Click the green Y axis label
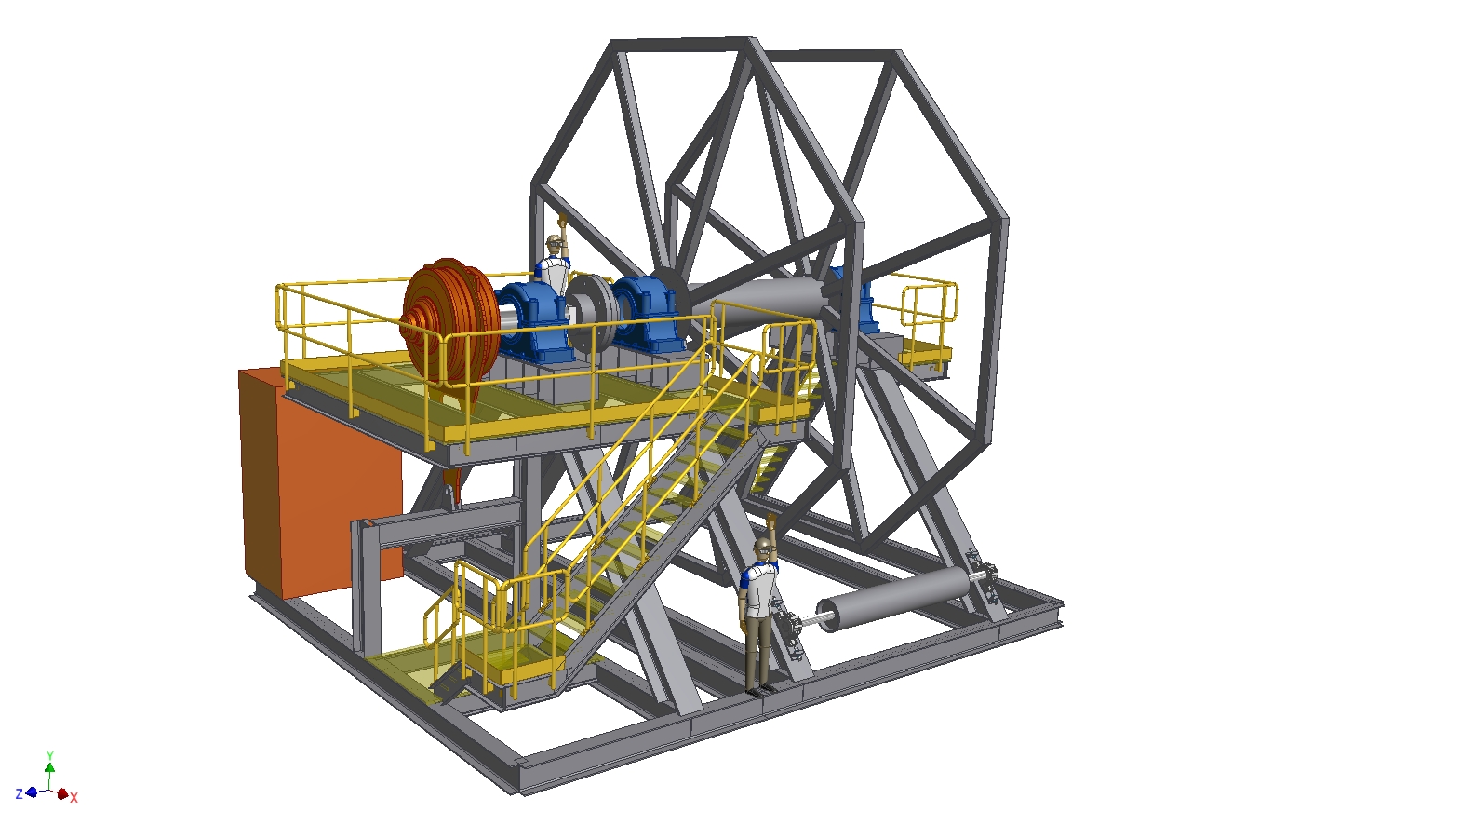coord(49,755)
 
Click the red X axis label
coord(74,797)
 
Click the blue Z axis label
coord(20,793)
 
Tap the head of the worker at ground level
coord(763,547)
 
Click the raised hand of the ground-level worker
coord(771,522)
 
